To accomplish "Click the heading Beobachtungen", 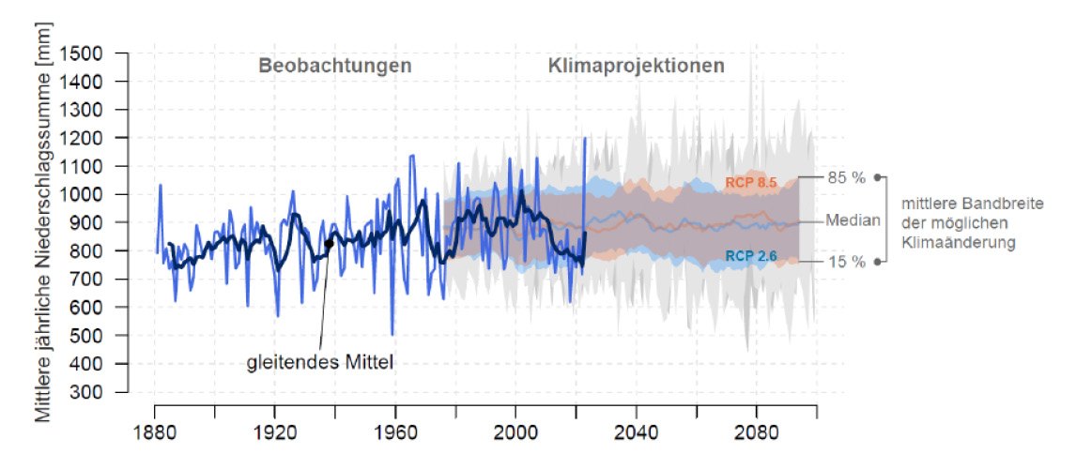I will tap(335, 67).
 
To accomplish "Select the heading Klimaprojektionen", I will tap(636, 67).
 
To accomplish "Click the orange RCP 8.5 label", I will tap(751, 183).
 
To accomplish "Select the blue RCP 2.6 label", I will tap(751, 256).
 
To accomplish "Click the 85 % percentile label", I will tap(846, 176).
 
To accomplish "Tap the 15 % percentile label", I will tap(846, 262).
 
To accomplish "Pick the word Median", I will tap(853, 220).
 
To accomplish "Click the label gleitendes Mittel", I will tap(319, 360).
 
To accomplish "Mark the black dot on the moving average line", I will tap(329, 243).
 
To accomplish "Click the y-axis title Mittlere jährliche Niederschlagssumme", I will tap(44, 234).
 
